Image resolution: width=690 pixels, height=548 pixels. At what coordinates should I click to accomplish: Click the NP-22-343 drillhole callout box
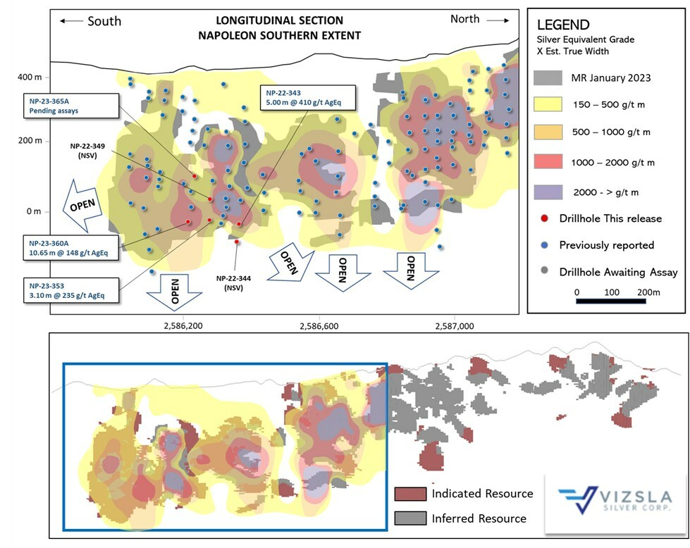[307, 98]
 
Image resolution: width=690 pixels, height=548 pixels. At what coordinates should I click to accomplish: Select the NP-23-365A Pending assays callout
[71, 106]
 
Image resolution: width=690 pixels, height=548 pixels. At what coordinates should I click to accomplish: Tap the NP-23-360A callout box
[71, 248]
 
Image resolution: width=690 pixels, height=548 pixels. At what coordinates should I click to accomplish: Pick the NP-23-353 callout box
[71, 290]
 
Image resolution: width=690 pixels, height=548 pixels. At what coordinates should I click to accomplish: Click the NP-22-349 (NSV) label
[87, 151]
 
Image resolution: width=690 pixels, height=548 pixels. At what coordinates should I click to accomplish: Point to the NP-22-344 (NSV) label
[234, 283]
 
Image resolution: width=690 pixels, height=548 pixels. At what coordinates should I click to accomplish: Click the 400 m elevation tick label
[30, 77]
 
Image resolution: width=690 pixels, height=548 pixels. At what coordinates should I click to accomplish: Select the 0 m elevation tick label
[34, 211]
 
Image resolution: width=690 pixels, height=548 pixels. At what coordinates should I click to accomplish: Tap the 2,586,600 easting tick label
[319, 326]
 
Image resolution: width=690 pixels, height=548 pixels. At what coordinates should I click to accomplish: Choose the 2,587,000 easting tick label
[455, 326]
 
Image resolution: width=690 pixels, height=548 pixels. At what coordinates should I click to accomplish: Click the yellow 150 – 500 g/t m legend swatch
[548, 105]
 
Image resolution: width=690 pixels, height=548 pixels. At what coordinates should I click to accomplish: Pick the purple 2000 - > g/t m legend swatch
[548, 192]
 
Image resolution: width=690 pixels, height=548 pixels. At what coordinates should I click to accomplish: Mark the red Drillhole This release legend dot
[544, 218]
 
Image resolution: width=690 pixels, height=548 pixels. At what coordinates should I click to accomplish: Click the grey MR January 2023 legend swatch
[548, 78]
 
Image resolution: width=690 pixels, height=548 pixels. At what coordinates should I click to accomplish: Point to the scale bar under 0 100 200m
[611, 301]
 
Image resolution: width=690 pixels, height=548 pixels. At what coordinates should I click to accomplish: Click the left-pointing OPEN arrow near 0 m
[82, 206]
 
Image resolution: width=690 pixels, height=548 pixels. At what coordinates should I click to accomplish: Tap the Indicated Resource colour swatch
[410, 494]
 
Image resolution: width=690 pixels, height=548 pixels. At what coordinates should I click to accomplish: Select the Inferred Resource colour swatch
[410, 518]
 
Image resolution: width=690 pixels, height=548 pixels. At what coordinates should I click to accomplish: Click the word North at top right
[464, 19]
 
